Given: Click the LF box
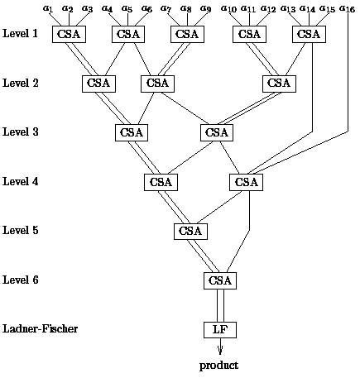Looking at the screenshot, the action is click(x=220, y=330).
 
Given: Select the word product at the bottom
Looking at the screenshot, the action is click(x=218, y=366).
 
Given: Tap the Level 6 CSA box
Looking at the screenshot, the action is click(x=220, y=280).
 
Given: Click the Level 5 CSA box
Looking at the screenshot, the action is click(x=190, y=231).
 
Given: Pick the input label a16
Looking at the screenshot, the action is click(x=347, y=9).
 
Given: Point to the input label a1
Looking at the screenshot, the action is click(x=47, y=8).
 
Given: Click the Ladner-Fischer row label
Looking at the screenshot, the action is click(x=40, y=328).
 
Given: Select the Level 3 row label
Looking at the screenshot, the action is click(x=21, y=132).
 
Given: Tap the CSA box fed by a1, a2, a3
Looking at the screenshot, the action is click(x=69, y=35).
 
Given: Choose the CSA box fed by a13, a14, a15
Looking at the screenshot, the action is click(x=309, y=35).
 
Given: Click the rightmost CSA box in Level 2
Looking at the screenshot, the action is click(x=279, y=84).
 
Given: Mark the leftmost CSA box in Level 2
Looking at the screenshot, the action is click(x=98, y=84).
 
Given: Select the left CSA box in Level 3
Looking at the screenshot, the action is click(x=132, y=133).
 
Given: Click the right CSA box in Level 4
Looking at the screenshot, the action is click(x=246, y=182).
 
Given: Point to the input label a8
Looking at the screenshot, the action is click(x=186, y=8).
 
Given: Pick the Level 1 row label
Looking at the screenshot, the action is click(x=20, y=33).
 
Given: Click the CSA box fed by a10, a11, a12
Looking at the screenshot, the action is click(x=249, y=35).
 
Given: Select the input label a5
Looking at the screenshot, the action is click(x=127, y=8).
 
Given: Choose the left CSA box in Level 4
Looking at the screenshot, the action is click(x=161, y=182).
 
